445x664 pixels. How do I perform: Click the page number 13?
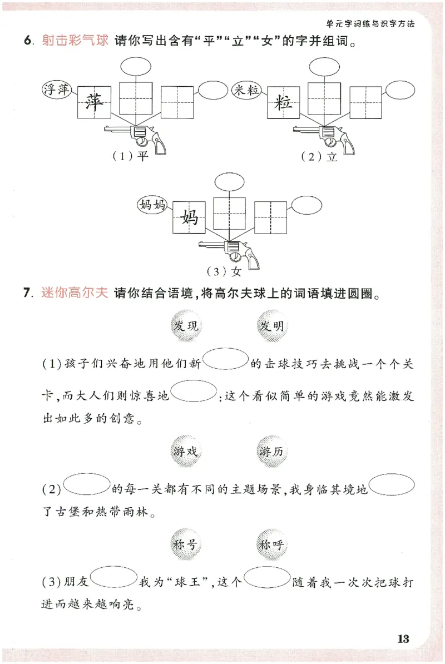click(403, 638)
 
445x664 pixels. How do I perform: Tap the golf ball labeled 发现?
click(186, 325)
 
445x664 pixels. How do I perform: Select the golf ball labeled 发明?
click(272, 325)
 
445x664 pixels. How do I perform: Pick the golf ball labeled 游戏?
click(186, 451)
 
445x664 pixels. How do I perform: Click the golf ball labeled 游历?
click(272, 451)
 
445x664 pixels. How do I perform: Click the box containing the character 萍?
click(95, 102)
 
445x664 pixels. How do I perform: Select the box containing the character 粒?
click(284, 102)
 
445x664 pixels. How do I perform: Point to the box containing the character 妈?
click(190, 217)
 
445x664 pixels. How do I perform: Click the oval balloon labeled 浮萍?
click(57, 89)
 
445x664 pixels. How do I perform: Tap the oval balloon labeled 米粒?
click(246, 90)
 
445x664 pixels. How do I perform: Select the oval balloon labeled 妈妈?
click(152, 205)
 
